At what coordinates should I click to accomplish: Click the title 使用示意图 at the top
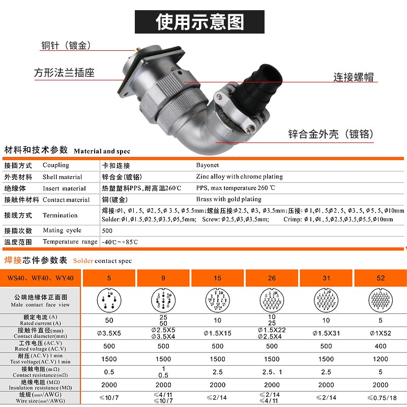199,22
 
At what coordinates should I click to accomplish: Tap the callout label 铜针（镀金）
66,45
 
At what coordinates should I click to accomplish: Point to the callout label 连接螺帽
354,77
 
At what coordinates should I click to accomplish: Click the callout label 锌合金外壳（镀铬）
331,134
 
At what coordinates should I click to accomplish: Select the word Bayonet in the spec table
208,165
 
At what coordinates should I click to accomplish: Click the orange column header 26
272,278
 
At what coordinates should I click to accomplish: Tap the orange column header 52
380,278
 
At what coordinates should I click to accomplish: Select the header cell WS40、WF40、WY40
41,278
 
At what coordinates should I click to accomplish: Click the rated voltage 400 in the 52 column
380,346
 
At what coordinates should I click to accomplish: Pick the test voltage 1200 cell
380,359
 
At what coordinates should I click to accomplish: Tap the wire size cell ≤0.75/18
380,398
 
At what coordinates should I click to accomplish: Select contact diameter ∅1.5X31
326,333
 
